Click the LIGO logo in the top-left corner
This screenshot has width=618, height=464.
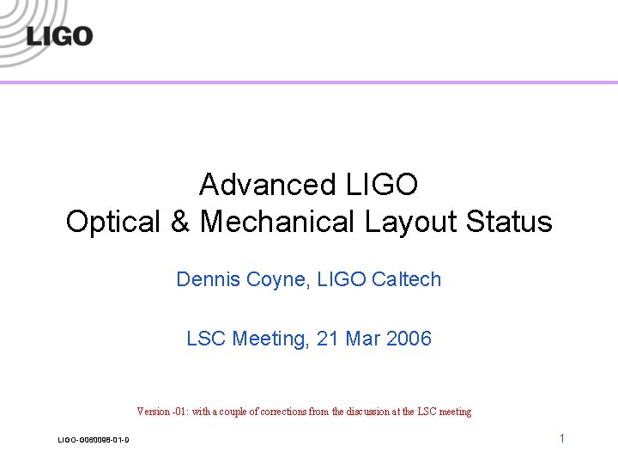pos(58,36)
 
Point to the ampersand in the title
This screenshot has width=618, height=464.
pos(180,222)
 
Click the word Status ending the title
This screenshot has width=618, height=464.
pos(510,222)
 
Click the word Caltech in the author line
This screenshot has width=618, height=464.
pos(406,279)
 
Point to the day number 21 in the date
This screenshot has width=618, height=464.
pos(328,339)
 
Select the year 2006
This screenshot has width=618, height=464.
pos(409,339)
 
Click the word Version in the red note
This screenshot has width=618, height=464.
pos(153,412)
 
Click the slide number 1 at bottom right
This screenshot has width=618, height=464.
pos(561,438)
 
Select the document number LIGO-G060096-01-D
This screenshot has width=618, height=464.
pos(94,441)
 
